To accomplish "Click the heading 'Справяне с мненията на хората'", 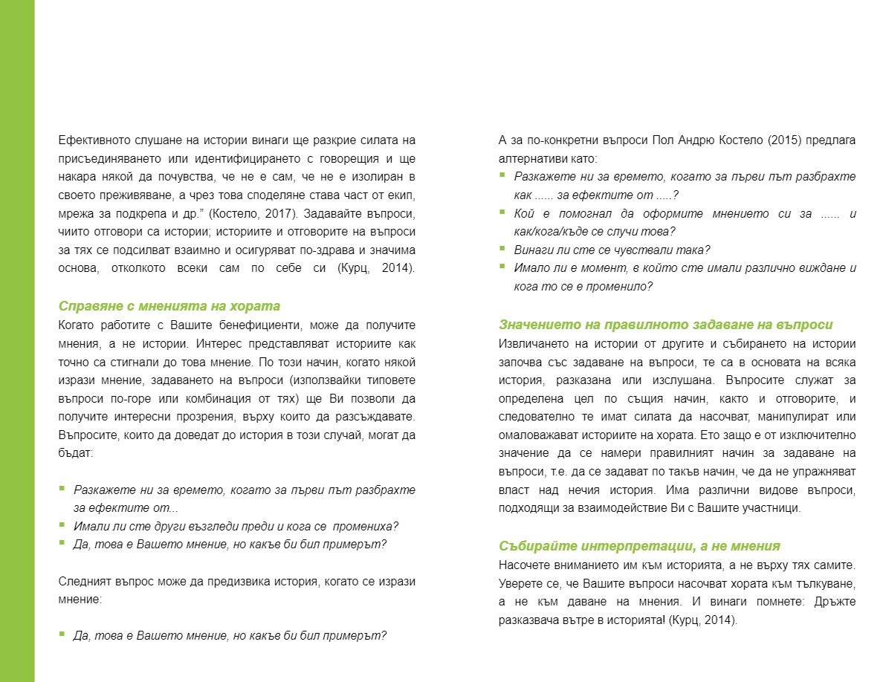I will pyautogui.click(x=169, y=306).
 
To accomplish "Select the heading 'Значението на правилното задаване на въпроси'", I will pyautogui.click(x=665, y=325).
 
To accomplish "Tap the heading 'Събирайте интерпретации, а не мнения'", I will pyautogui.click(x=639, y=546).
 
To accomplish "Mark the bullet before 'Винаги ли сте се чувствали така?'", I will pyautogui.click(x=502, y=249).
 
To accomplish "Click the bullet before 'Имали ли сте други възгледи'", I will pyautogui.click(x=62, y=525).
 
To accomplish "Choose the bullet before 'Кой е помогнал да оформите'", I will pyautogui.click(x=502, y=212).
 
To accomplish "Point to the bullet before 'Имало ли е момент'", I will pyautogui.click(x=502, y=267).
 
